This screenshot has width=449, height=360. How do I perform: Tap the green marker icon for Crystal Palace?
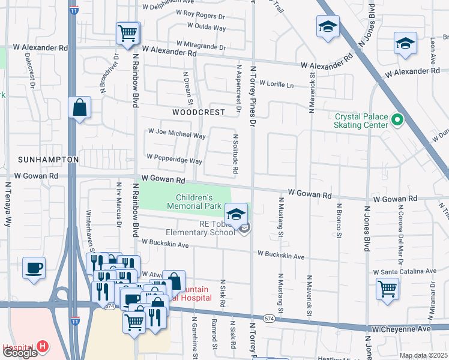coord(396,121)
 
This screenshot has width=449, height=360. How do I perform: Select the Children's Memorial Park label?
coord(199,202)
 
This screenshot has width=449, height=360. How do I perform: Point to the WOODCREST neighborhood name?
coord(198,112)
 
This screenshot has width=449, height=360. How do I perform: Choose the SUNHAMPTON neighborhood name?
coord(48,160)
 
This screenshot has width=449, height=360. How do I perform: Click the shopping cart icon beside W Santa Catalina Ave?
coord(387,289)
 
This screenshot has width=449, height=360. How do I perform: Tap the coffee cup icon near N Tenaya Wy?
coord(34,267)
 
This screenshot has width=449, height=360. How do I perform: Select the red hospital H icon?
coord(42,347)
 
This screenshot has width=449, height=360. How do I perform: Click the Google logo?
coord(20,353)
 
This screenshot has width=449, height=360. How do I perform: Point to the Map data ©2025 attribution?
coord(423,355)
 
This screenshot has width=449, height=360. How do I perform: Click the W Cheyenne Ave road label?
coord(401,329)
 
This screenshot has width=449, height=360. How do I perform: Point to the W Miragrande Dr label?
coord(200,46)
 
